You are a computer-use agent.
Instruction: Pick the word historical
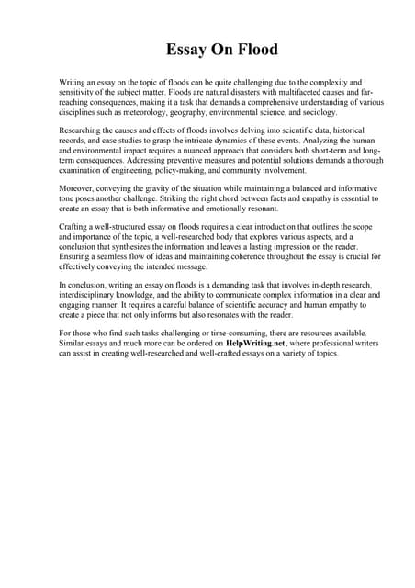(x=340, y=130)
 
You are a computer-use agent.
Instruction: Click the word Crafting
(x=74, y=227)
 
